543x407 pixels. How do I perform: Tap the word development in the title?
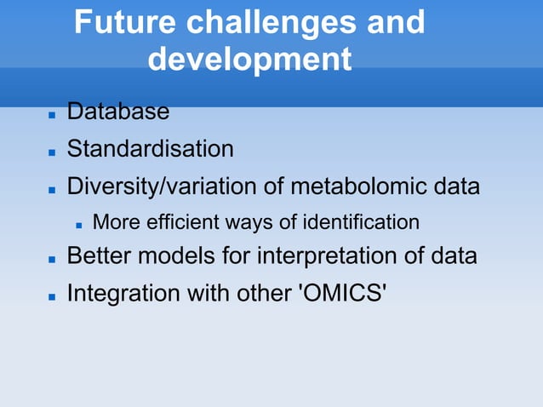click(249, 60)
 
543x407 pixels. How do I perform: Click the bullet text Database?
click(118, 112)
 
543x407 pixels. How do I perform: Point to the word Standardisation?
click(150, 149)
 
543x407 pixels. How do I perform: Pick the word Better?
click(99, 256)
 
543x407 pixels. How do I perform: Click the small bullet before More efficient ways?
click(77, 225)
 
